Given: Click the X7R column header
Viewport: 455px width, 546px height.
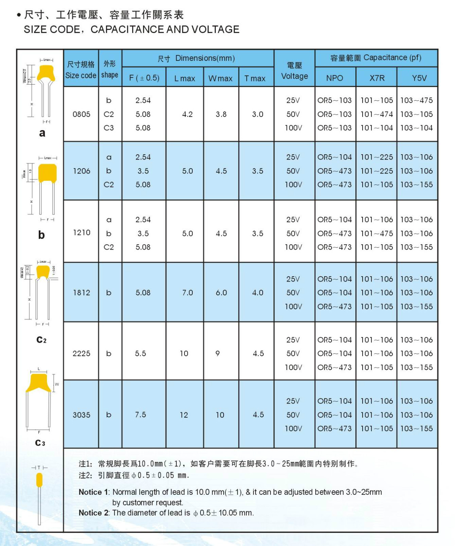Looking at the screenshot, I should point(377,78).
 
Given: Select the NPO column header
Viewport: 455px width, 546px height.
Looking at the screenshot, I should point(334,78).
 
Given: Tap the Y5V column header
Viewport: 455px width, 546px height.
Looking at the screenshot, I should point(419,78).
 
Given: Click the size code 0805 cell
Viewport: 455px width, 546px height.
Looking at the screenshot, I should point(81,114).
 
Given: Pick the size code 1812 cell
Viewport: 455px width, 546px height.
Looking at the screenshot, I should point(81,293).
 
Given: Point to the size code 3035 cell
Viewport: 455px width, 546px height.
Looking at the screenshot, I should point(81,415).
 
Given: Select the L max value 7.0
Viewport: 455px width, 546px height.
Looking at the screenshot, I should point(187,293).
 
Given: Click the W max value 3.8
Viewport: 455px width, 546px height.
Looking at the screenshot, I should point(221,114).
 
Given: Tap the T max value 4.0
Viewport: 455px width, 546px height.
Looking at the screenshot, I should point(258,293).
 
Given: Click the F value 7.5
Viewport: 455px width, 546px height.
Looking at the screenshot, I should point(140,414).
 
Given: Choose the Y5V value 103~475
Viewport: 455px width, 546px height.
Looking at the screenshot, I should point(416,100).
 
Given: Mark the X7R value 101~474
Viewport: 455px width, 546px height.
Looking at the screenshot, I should point(376,114).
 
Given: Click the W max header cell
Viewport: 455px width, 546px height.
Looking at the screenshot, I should point(220,78).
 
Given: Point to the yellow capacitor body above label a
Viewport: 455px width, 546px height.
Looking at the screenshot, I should point(46,72).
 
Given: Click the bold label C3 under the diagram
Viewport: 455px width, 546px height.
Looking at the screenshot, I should point(40,443).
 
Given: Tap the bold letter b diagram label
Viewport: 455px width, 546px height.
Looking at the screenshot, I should point(42,235).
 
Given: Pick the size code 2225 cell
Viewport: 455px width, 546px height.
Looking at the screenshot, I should point(81,353).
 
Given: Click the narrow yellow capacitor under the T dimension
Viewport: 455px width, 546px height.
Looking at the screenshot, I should point(39,480).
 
